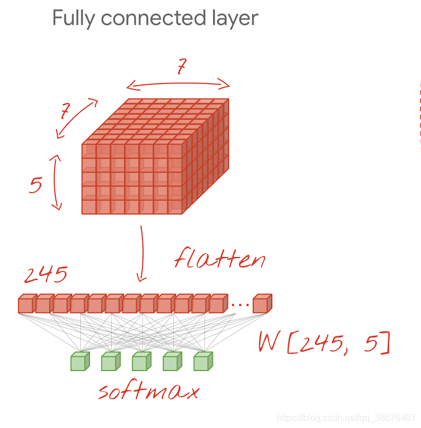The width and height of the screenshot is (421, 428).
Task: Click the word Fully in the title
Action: [x=73, y=19]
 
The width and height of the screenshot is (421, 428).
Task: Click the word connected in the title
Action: [x=153, y=18]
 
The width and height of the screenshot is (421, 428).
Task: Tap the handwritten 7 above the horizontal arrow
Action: [x=182, y=66]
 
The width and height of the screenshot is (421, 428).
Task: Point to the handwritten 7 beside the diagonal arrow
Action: [x=65, y=111]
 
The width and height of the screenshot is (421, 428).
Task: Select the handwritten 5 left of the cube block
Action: [x=36, y=185]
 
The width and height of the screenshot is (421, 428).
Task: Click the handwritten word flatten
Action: [x=220, y=258]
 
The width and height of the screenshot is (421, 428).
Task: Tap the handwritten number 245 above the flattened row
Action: [x=46, y=274]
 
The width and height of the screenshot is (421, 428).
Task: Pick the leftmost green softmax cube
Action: [x=80, y=361]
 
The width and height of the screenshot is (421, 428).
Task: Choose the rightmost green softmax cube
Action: [x=203, y=361]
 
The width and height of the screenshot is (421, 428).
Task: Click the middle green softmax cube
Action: [x=142, y=361]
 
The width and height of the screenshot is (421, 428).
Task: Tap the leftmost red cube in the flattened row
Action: [x=27, y=304]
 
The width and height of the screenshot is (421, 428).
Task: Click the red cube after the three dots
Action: [x=263, y=304]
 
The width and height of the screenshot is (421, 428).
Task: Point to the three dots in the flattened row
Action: [x=240, y=304]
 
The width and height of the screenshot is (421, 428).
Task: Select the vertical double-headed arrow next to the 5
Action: [x=55, y=182]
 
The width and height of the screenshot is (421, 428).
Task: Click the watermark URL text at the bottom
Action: [x=346, y=418]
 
